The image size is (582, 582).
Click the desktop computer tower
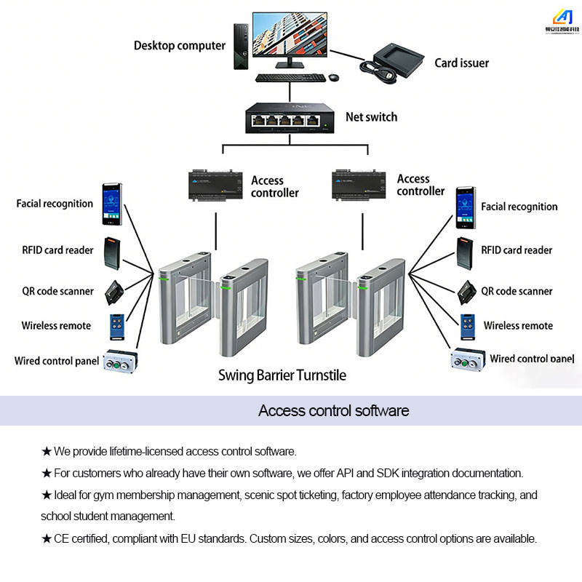click(x=241, y=47)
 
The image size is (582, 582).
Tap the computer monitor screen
click(x=290, y=34)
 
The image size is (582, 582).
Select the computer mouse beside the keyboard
click(x=334, y=77)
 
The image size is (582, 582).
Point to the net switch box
click(x=290, y=118)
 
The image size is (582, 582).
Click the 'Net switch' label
click(x=372, y=117)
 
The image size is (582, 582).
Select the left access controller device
click(x=215, y=186)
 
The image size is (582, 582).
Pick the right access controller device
click(x=359, y=186)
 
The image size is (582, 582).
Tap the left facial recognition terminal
click(x=112, y=204)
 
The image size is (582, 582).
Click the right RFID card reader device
click(x=465, y=253)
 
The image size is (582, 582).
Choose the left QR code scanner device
click(x=114, y=292)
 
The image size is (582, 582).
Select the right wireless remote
click(x=468, y=327)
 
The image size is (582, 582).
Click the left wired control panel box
click(x=120, y=361)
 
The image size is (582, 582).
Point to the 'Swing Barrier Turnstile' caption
click(x=282, y=375)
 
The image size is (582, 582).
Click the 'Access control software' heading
click(x=334, y=410)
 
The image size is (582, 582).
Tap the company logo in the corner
click(x=562, y=22)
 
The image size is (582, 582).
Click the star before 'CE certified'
click(x=47, y=538)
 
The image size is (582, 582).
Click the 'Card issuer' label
click(x=462, y=63)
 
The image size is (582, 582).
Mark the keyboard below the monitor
click(x=290, y=78)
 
